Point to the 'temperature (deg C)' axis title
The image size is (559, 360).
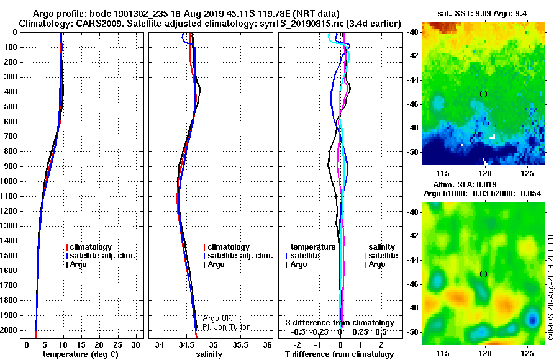click(x=80, y=354)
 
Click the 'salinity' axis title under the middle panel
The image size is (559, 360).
click(x=209, y=354)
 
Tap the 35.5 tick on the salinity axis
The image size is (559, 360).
click(x=240, y=345)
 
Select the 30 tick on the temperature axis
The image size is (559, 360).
click(x=135, y=345)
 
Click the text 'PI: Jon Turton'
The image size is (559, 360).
click(x=227, y=327)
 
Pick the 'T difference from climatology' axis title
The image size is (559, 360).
click(x=339, y=354)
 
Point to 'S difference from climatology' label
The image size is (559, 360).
click(x=340, y=323)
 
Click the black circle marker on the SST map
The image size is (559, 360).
click(x=483, y=94)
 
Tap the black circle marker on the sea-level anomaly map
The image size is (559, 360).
click(x=483, y=274)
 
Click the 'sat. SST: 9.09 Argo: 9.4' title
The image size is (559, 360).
click(x=482, y=14)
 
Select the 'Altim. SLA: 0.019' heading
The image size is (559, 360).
click(x=465, y=184)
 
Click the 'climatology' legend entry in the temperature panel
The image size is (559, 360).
click(x=89, y=247)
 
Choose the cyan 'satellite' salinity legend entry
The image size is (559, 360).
click(x=381, y=256)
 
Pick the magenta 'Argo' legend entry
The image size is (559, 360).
click(x=375, y=264)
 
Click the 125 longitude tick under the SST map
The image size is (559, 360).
click(x=527, y=174)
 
